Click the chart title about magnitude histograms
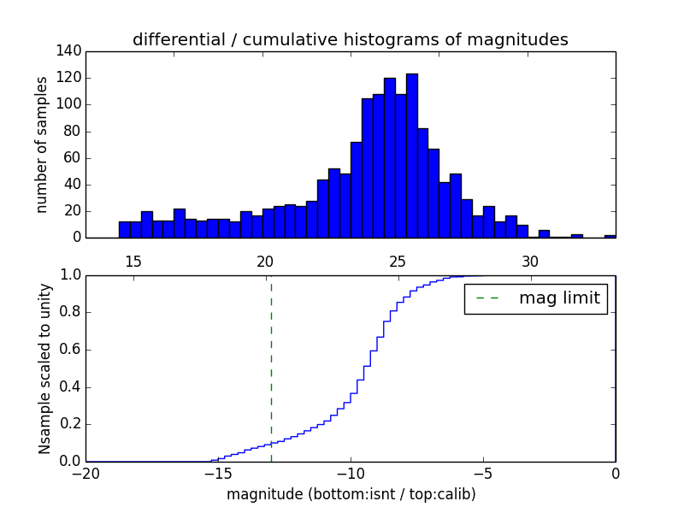pyautogui.click(x=350, y=39)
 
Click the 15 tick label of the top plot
pyautogui.click(x=133, y=261)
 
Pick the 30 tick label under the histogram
pyautogui.click(x=530, y=261)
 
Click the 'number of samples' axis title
pyautogui.click(x=42, y=144)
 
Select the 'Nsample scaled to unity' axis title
pyautogui.click(x=44, y=369)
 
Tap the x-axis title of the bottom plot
pyautogui.click(x=351, y=494)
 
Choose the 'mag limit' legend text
pyautogui.click(x=559, y=298)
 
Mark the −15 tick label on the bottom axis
pyautogui.click(x=218, y=474)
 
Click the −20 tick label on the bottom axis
pyautogui.click(x=86, y=474)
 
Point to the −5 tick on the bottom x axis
pyautogui.click(x=483, y=474)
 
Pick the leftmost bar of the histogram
pyautogui.click(x=124, y=230)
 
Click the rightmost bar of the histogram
pyautogui.click(x=610, y=236)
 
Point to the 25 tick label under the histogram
pyautogui.click(x=398, y=261)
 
